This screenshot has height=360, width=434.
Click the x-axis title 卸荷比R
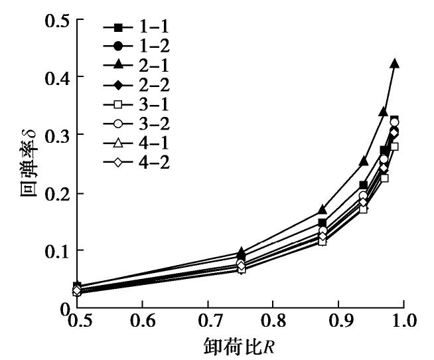(x=243, y=346)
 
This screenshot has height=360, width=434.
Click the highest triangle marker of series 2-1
(x=394, y=63)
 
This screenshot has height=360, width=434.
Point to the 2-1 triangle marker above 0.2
(x=364, y=161)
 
